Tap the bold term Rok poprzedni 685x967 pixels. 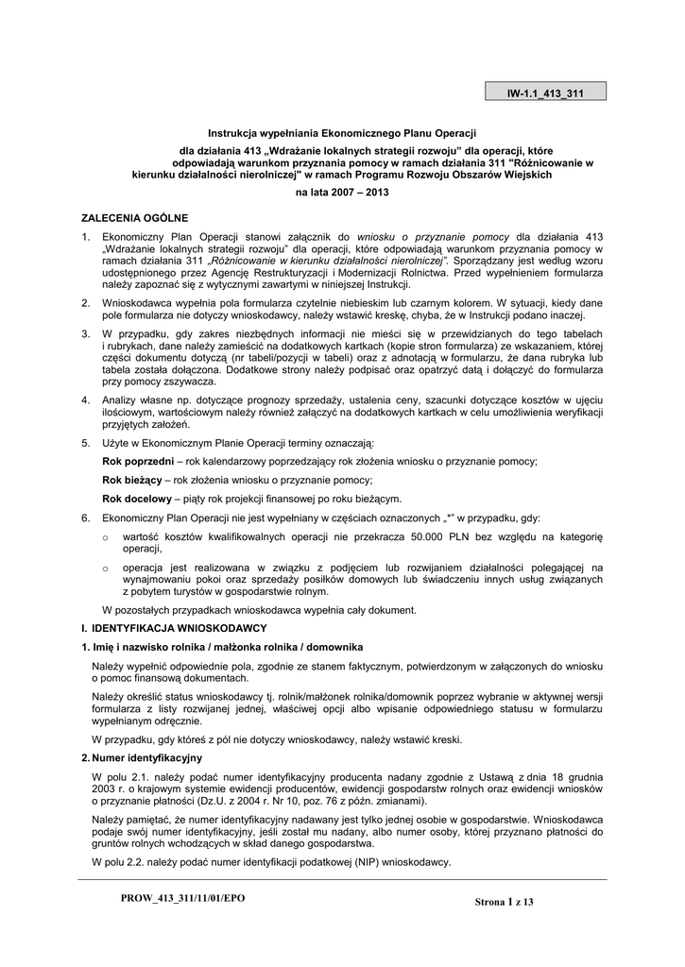pos(137,461)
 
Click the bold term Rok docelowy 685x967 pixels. pos(136,499)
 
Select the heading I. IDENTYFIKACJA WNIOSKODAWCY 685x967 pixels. pos(174,628)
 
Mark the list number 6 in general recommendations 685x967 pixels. pos(85,517)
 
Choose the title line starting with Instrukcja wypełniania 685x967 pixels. pos(342,134)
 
